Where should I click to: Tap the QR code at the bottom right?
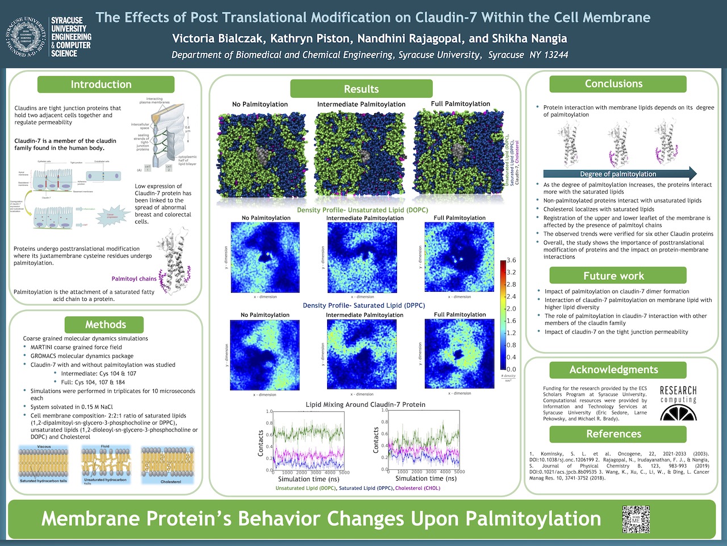pos(636,519)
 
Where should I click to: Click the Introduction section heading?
pos(101,84)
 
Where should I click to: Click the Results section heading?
pos(361,89)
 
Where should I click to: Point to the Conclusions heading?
pos(613,84)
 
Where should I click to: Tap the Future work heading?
pos(613,276)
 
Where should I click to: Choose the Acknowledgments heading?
pos(613,370)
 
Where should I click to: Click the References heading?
pos(613,434)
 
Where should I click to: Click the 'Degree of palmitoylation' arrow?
pos(619,173)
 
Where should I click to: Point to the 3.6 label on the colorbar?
pos(511,260)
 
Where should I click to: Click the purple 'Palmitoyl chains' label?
pos(134,279)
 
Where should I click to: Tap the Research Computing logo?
pos(678,403)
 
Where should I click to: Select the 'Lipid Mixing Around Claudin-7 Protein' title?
pos(365,404)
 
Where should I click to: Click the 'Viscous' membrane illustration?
pos(44,464)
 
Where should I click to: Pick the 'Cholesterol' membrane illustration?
pos(170,464)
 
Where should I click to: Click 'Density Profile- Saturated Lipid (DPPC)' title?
pos(363,305)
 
